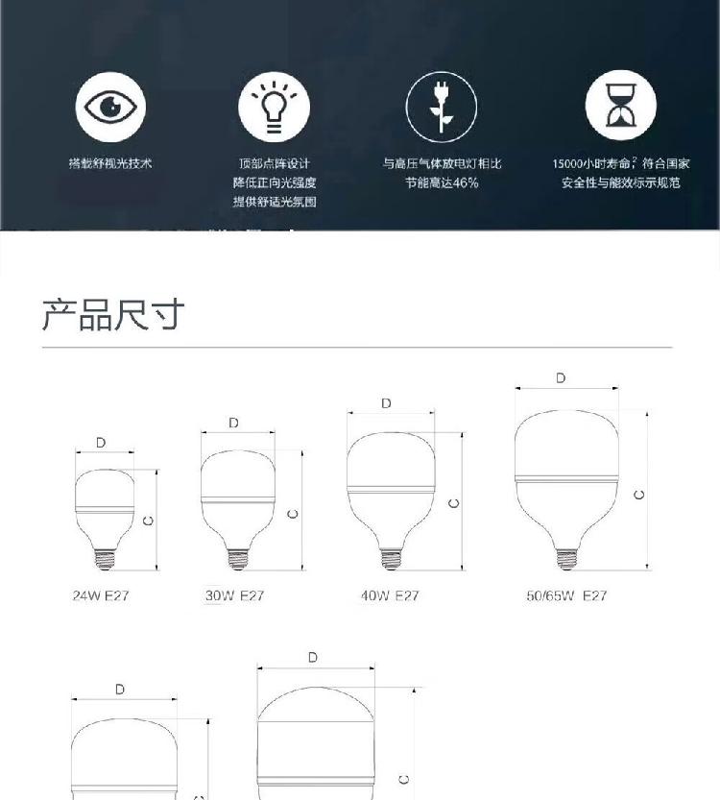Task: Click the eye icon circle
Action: click(110, 108)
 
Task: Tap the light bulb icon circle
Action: click(274, 108)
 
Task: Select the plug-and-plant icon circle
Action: click(442, 108)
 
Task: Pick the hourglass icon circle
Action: click(620, 106)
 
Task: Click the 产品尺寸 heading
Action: click(112, 314)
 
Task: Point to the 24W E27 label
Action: click(101, 595)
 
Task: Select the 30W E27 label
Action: click(234, 595)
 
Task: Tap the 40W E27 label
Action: click(390, 595)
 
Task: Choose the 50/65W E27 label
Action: click(566, 595)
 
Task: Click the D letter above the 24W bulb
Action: click(101, 443)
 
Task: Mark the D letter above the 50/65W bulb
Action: click(561, 378)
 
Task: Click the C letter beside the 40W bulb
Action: click(453, 503)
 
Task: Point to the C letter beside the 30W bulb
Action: click(293, 514)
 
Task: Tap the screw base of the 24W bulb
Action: click(105, 559)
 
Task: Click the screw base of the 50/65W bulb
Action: click(566, 559)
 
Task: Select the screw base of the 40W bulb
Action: click(391, 559)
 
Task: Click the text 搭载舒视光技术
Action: click(110, 163)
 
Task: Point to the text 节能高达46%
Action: click(442, 182)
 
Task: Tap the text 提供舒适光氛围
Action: click(275, 202)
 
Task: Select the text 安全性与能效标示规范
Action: click(620, 182)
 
